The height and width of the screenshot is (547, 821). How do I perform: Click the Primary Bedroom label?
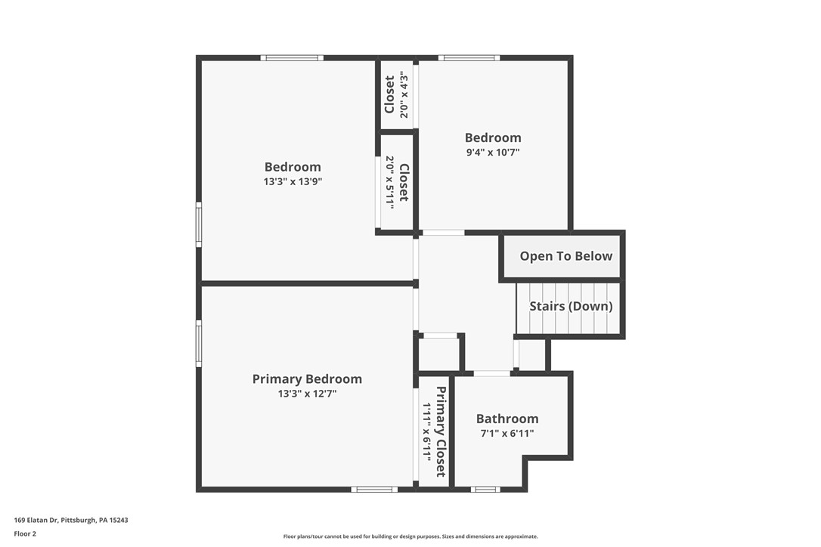pos(307,379)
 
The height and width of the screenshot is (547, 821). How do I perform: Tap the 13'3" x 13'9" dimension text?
pos(293,181)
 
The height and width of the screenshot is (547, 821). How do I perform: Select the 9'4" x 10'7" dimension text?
pos(492,152)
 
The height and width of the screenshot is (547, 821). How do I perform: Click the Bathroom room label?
pos(507,419)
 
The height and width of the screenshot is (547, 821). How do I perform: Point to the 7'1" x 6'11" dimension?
pos(507,434)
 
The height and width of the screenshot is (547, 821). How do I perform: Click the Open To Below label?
pos(565,256)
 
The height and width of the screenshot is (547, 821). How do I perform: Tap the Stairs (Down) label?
pos(571,307)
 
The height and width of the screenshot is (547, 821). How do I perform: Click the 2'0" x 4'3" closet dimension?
pos(404,94)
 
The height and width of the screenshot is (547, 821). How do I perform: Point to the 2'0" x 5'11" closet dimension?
pos(389,181)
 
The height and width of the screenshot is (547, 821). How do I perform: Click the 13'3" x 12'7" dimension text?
pos(307,394)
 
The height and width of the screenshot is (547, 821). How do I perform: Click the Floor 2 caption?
pos(25,533)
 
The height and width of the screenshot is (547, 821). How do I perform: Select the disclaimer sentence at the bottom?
pos(410,536)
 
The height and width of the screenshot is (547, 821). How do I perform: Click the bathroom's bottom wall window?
pos(485,490)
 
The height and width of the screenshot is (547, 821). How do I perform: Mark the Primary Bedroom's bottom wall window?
pos(375,490)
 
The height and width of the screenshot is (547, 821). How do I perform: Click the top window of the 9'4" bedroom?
pos(469,57)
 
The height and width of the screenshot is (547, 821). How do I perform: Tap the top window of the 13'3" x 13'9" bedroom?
pos(292,57)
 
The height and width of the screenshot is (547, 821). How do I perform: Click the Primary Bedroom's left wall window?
pos(199,344)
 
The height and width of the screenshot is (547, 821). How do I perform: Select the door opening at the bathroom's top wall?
pos(491,373)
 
